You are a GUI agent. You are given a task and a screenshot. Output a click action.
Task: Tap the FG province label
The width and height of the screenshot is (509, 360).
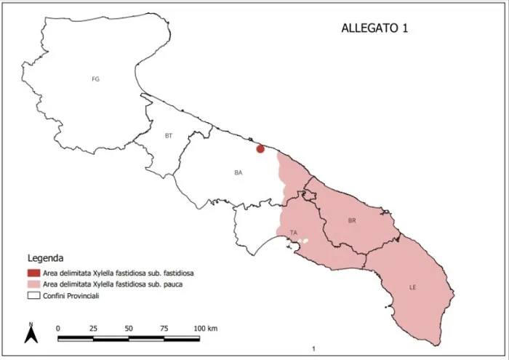[95, 79]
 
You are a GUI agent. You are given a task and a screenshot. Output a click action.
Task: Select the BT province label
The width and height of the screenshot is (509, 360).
[169, 136]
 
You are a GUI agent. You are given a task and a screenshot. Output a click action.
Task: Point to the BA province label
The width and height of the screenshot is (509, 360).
[238, 172]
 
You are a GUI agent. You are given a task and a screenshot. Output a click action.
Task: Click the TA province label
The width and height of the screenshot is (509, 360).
[294, 233]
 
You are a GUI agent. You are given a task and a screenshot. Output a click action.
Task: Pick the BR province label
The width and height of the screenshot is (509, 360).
[352, 220]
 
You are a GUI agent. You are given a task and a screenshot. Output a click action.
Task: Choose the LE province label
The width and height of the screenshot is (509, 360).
[412, 288]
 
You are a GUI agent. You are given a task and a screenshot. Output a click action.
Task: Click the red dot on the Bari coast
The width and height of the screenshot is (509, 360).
[260, 149]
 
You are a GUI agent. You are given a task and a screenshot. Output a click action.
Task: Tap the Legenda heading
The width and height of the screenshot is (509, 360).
[46, 258]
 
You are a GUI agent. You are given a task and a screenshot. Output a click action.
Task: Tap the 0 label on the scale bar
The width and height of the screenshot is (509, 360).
[58, 328]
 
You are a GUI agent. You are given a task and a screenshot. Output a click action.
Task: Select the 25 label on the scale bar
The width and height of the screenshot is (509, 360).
[93, 328]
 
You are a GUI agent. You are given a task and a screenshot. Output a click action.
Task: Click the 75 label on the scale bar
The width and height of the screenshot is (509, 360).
[164, 328]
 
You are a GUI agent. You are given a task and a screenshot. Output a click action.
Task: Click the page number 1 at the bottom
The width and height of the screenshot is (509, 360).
[313, 350]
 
